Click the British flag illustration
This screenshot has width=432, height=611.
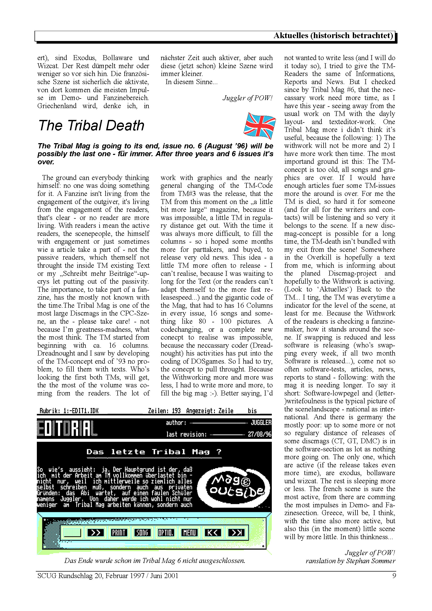(x=259, y=126)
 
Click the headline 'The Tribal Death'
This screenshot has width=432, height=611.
(x=91, y=126)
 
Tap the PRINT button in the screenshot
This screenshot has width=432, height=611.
(x=119, y=532)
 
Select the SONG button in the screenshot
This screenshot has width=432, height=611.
(x=142, y=532)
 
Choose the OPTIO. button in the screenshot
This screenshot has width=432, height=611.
(x=165, y=532)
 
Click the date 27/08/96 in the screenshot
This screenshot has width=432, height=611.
(x=260, y=434)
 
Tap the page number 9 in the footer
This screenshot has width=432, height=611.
(x=394, y=576)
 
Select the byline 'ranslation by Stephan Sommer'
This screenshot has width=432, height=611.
(x=350, y=561)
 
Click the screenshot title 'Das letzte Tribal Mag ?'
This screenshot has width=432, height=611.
(x=154, y=452)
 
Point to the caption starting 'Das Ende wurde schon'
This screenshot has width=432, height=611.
(x=154, y=560)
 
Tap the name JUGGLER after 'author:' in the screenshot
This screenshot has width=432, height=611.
(x=261, y=422)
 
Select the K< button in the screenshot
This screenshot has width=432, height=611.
(x=212, y=532)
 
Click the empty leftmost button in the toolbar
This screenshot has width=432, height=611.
(x=72, y=532)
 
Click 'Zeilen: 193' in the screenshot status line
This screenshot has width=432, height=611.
(x=164, y=411)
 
